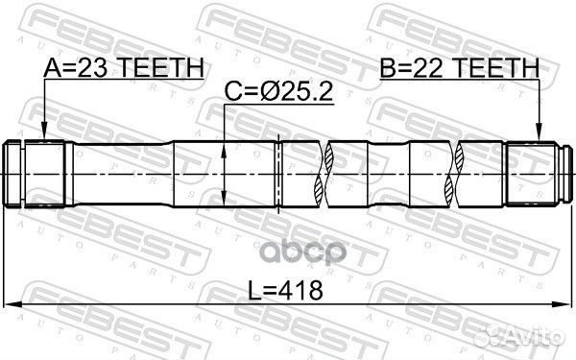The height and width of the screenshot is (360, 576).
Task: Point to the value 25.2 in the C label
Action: click(303, 94)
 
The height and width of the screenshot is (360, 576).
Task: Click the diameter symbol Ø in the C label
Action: click(266, 94)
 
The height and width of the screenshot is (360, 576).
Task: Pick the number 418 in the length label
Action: click(299, 289)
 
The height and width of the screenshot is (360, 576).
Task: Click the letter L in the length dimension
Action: click(254, 289)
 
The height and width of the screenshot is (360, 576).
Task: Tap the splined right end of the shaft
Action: click(534, 173)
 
